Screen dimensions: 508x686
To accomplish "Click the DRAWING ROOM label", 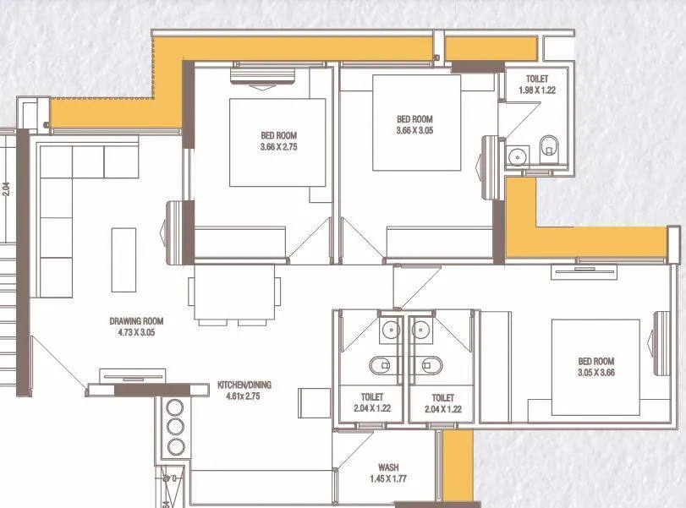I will click(x=136, y=326).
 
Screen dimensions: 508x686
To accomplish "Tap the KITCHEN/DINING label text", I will click(x=244, y=390).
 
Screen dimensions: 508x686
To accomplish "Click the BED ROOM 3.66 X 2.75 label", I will click(x=278, y=141).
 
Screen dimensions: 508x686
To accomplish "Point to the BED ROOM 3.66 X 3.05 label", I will click(x=414, y=124).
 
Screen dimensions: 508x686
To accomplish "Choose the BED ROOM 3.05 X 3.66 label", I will click(x=596, y=366).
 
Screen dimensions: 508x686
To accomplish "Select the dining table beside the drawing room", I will click(x=234, y=293).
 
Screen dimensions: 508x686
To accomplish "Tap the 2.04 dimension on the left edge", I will click(x=6, y=189).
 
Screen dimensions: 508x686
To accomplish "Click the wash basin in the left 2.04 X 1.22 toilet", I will click(x=390, y=330).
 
